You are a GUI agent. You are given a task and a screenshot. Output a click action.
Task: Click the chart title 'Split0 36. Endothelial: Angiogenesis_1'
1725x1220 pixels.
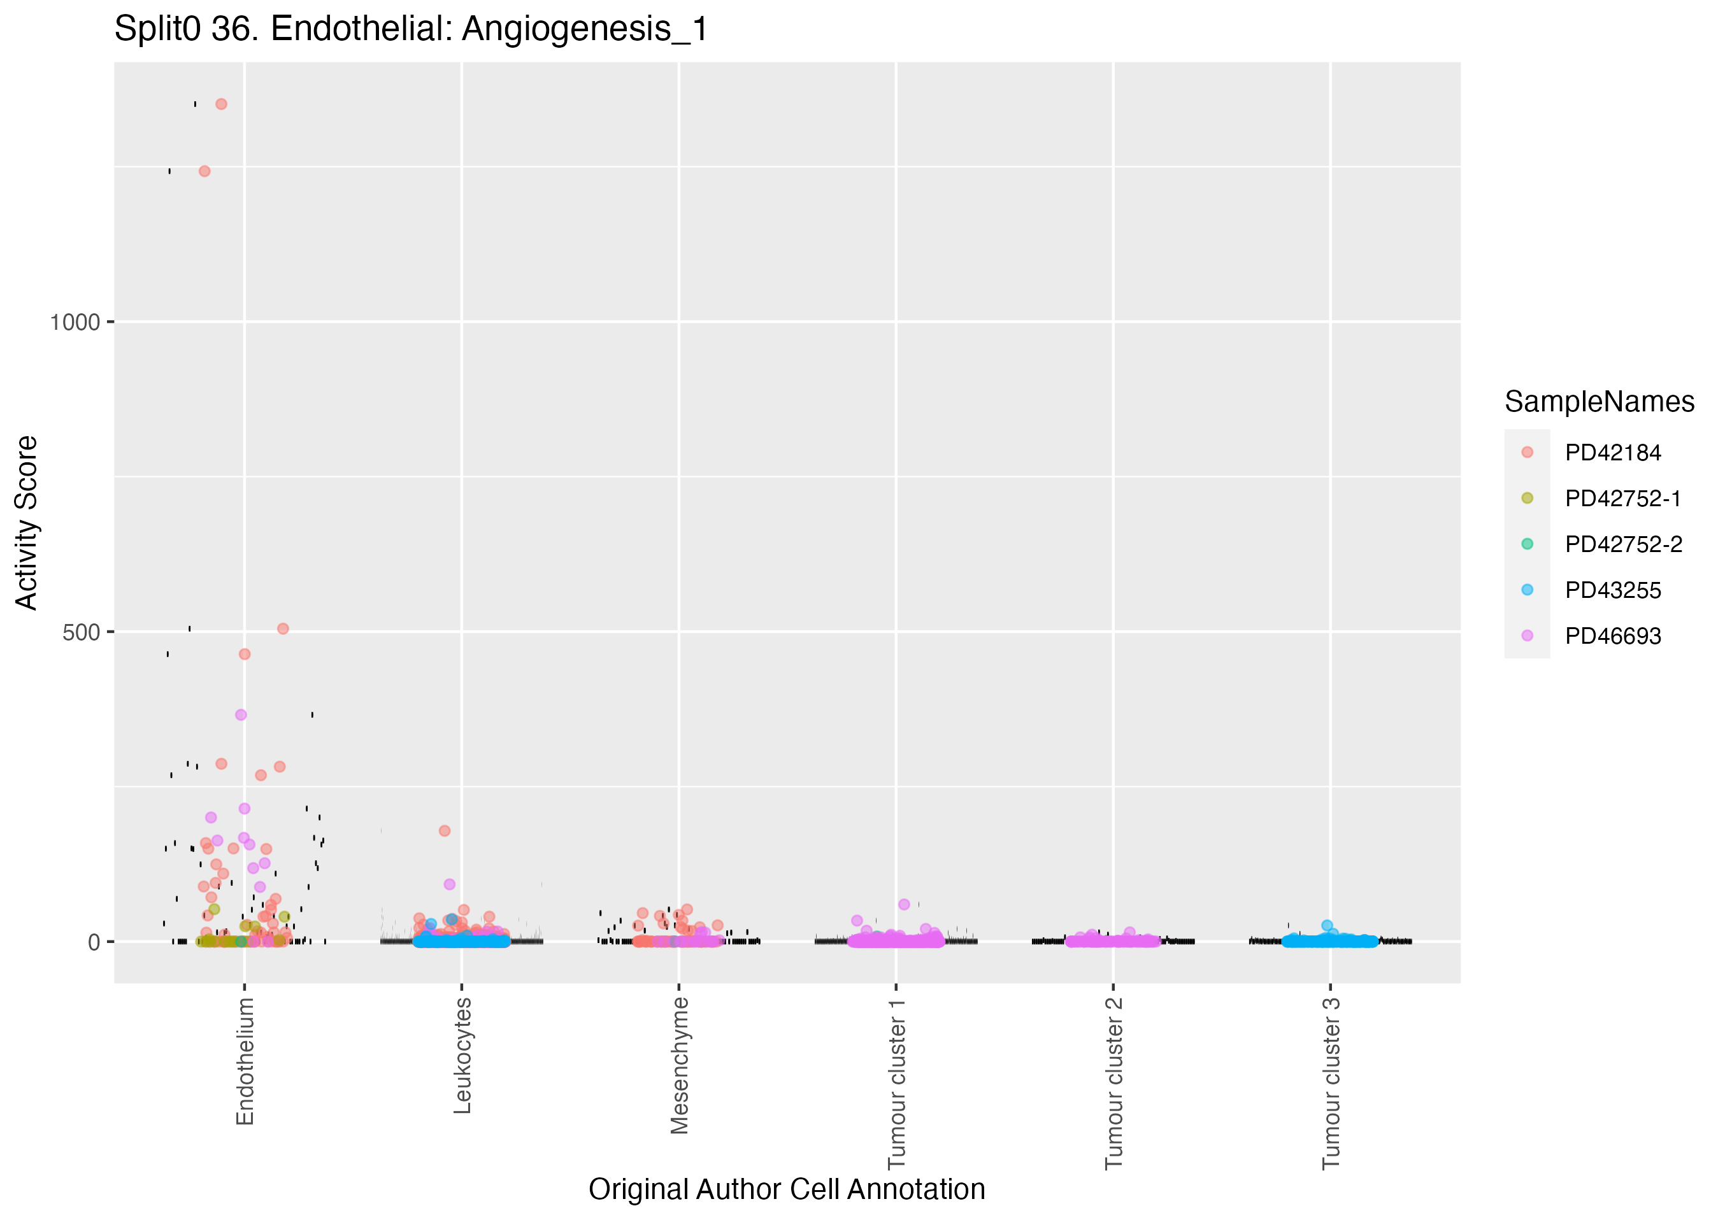pyautogui.click(x=411, y=30)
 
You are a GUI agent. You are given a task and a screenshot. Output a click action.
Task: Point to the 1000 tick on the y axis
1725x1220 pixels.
pyautogui.click(x=75, y=322)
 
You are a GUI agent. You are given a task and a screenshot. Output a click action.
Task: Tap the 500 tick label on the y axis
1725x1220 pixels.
pyautogui.click(x=81, y=632)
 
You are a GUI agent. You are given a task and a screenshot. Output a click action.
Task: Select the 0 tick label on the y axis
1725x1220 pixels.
pyautogui.click(x=94, y=942)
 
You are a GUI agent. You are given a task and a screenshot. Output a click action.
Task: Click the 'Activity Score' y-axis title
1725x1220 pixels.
pyautogui.click(x=27, y=523)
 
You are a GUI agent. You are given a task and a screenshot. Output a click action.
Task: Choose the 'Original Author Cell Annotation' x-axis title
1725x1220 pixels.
pyautogui.click(x=787, y=1189)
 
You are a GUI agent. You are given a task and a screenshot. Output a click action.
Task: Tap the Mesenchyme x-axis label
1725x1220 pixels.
pyautogui.click(x=679, y=1065)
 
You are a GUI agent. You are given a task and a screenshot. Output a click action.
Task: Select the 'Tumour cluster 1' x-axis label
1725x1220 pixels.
pyautogui.click(x=896, y=1083)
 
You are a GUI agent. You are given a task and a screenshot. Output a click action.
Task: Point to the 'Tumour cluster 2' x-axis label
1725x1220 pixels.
pyautogui.click(x=1113, y=1083)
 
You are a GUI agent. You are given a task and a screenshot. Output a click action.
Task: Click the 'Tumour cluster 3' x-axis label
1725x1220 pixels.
pyautogui.click(x=1331, y=1083)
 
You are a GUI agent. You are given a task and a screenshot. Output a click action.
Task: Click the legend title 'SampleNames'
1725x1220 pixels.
pyautogui.click(x=1599, y=402)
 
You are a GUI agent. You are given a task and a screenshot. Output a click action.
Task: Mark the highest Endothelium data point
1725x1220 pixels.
pyautogui.click(x=221, y=104)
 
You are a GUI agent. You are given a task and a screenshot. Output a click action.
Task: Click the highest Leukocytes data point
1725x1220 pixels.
pyautogui.click(x=445, y=831)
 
